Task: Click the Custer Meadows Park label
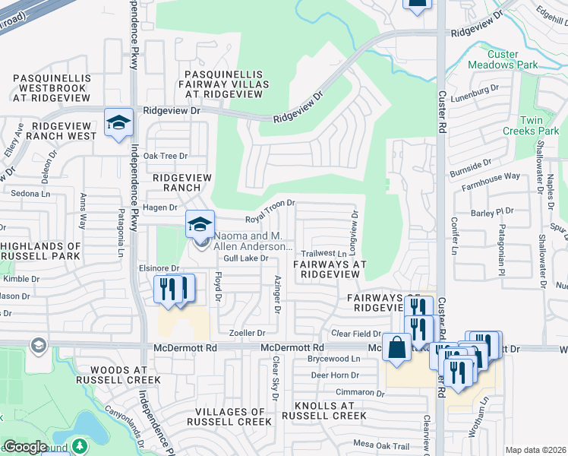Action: [514, 60]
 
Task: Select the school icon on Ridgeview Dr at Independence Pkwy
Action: [119, 123]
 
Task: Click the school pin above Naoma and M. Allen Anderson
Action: [200, 224]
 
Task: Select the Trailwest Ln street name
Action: [323, 253]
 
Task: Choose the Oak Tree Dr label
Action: [165, 156]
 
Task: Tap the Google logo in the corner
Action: [25, 447]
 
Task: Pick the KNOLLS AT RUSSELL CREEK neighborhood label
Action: [323, 410]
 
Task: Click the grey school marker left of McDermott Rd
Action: [36, 347]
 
